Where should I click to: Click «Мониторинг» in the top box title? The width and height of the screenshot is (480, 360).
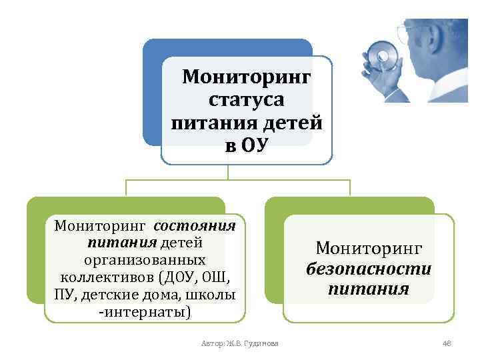coord(247,77)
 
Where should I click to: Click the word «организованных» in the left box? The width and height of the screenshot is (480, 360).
coord(145,259)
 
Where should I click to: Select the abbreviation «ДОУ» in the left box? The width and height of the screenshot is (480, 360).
coord(176,277)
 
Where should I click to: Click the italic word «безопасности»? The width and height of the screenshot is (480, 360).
coord(369,269)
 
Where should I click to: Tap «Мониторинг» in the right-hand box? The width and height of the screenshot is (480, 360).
coord(369,249)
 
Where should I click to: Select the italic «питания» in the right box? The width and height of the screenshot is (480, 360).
coord(369,289)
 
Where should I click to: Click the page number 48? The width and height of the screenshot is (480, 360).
coord(447,343)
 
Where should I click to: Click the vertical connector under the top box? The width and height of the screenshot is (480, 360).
coord(228,172)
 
